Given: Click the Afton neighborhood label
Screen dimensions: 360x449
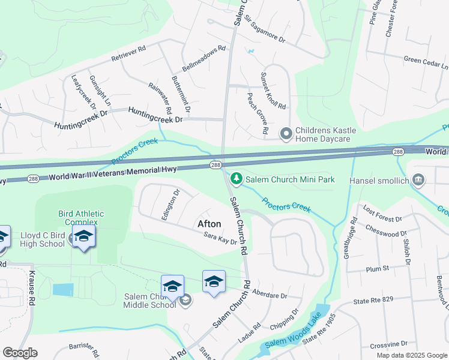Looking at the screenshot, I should [209, 224].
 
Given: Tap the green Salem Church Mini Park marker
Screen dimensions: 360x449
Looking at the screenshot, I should [237, 178].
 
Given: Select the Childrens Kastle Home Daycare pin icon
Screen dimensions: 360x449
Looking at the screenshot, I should [286, 133].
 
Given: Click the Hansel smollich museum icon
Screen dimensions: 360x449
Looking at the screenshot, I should [419, 179].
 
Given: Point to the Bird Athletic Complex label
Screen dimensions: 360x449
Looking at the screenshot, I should [81, 218].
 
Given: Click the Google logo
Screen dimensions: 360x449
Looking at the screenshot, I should [20, 353].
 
